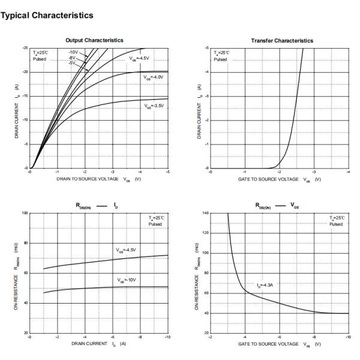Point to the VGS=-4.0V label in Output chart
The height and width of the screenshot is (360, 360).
(154, 77)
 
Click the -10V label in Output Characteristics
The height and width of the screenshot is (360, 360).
(74, 52)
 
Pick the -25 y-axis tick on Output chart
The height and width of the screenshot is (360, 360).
(25, 47)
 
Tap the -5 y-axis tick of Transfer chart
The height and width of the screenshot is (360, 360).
(207, 47)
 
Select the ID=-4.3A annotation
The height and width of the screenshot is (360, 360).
(266, 285)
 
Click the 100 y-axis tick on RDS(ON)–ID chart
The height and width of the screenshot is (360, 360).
(25, 213)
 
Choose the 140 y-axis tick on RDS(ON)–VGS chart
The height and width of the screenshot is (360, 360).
(205, 213)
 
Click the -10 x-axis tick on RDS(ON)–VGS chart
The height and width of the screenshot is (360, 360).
(347, 337)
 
